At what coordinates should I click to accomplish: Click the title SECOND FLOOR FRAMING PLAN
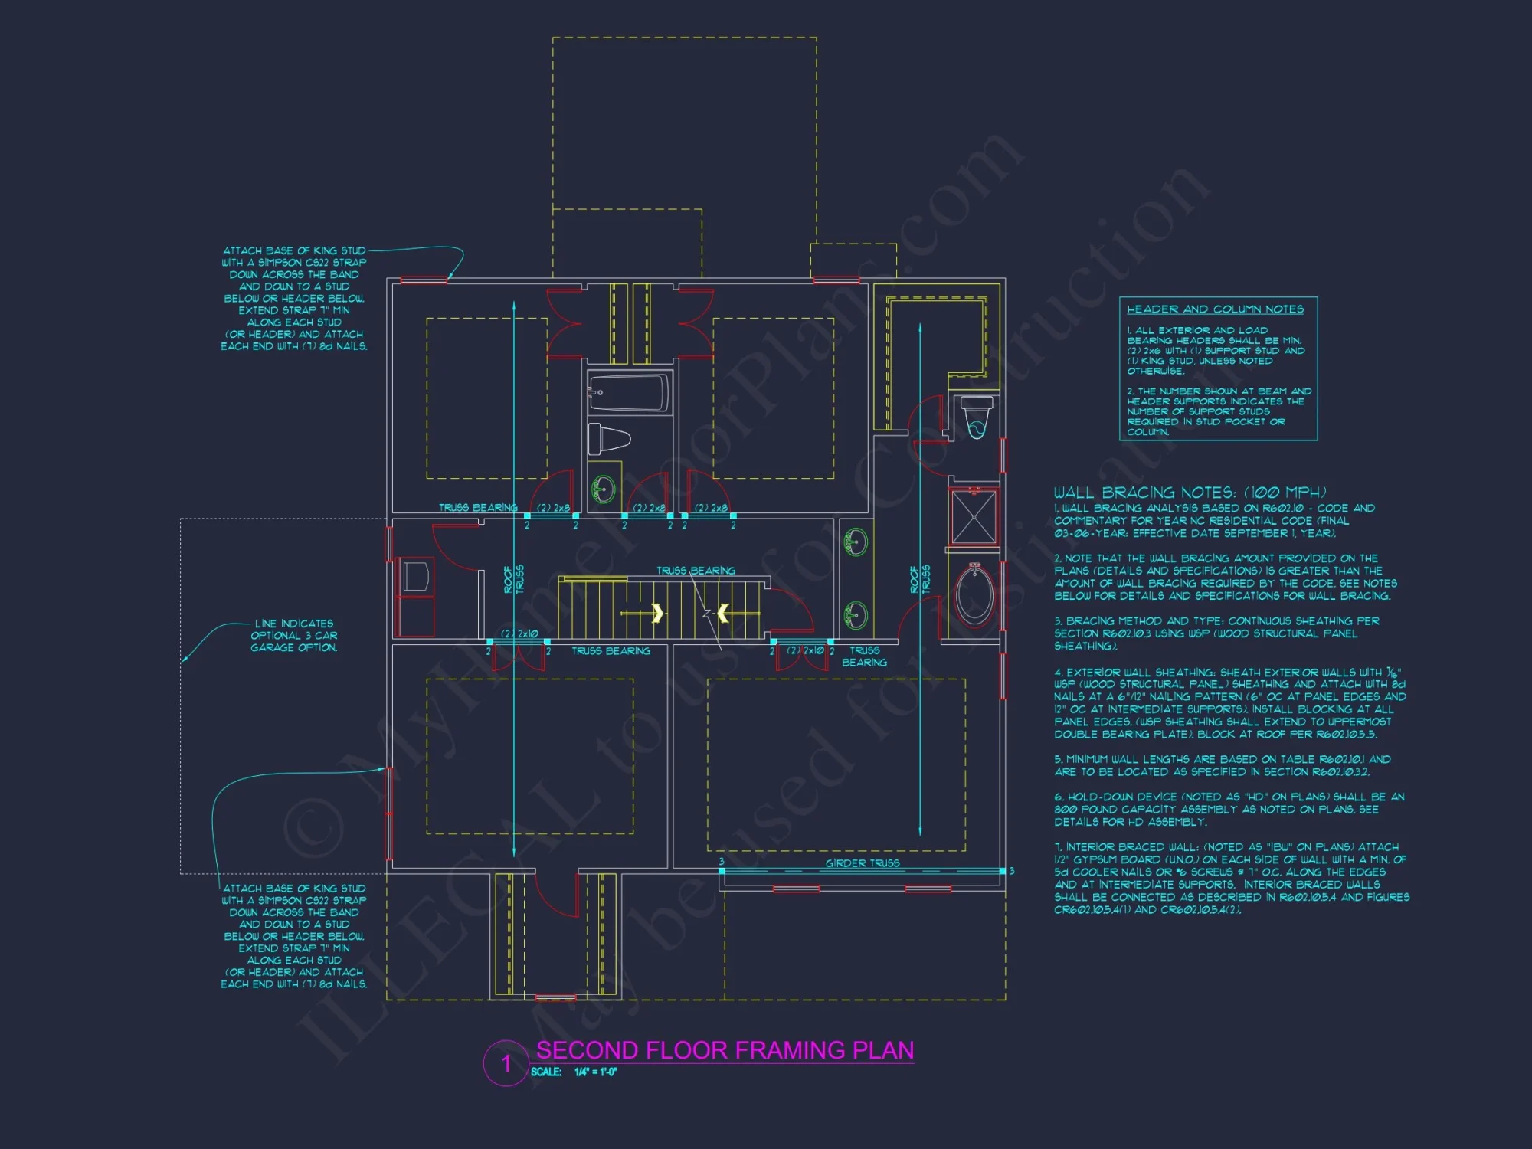point(725,1049)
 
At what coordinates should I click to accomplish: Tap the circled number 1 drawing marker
point(506,1063)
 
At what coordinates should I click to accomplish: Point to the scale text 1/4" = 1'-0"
point(595,1072)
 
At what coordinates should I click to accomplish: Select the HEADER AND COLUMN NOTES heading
point(1215,309)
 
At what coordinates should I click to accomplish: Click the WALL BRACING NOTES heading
point(1190,493)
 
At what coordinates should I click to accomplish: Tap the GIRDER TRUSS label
point(863,863)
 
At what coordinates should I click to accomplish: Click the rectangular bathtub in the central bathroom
point(629,393)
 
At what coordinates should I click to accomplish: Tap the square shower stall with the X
point(974,517)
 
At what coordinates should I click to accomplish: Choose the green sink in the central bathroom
point(604,488)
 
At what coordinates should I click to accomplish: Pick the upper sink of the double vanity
point(855,542)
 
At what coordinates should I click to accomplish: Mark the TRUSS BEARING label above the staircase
point(696,571)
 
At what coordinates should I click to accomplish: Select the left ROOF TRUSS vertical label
point(514,580)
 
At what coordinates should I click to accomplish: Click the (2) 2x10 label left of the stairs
point(519,633)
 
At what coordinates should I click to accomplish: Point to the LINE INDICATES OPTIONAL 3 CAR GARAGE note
point(294,636)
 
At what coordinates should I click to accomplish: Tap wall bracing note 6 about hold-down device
point(1229,810)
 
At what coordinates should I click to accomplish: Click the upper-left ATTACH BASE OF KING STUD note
point(294,298)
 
